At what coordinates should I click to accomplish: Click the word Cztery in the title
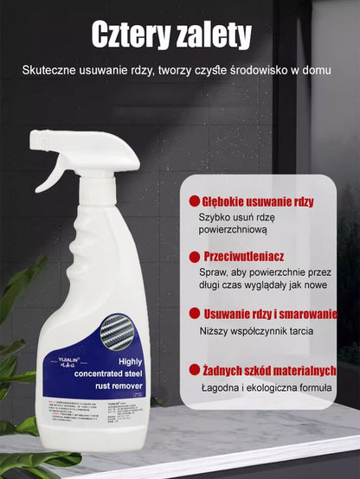point(136,36)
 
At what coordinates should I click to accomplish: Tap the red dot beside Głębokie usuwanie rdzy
point(194,201)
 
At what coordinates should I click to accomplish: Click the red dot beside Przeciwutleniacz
point(194,257)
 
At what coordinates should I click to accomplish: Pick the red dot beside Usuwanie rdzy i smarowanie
point(194,314)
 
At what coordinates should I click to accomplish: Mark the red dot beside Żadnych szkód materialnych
point(194,371)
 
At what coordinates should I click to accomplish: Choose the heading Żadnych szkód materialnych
point(268,371)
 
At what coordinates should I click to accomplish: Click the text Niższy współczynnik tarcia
point(256,331)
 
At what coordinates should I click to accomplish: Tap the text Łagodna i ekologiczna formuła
point(266,389)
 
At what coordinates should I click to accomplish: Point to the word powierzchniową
point(233,230)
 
